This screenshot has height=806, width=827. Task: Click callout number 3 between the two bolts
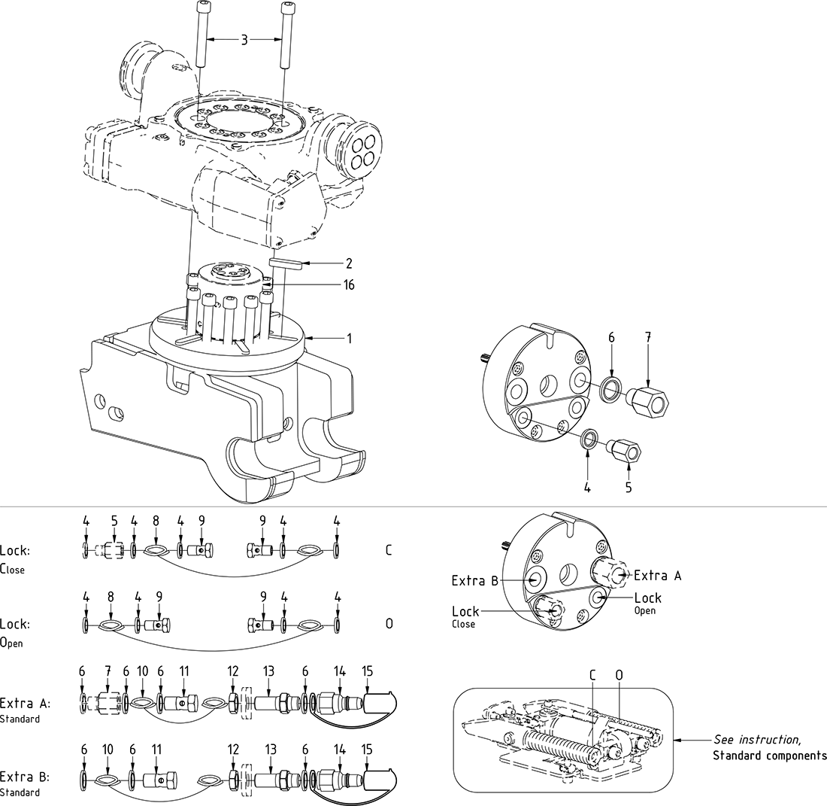tap(244, 39)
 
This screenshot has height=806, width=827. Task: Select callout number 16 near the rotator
tap(348, 285)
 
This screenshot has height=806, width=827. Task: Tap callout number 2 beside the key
tap(348, 263)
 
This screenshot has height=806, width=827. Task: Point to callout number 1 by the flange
tap(348, 339)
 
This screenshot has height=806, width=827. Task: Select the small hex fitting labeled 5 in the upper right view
tap(624, 453)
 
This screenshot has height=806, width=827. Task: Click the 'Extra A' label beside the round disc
tap(658, 575)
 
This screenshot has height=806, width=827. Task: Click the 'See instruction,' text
tap(757, 740)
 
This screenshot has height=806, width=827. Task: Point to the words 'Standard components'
tap(769, 755)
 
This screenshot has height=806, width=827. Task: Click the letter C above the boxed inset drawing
tap(592, 677)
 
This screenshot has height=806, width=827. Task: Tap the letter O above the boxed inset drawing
tap(619, 677)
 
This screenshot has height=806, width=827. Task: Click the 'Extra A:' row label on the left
tap(26, 704)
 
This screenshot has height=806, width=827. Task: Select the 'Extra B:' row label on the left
tap(26, 777)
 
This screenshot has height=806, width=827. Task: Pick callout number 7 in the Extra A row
tap(108, 669)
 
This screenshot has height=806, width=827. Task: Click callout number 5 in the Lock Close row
tap(114, 520)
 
